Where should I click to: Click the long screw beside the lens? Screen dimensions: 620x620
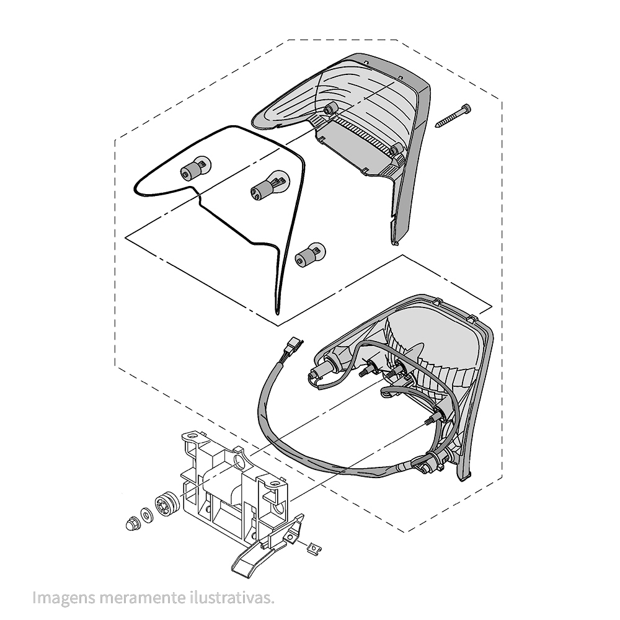point(453,116)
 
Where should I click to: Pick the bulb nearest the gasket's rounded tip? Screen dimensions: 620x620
point(196,167)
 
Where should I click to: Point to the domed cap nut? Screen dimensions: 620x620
point(131,525)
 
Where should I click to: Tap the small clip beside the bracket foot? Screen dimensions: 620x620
point(315,549)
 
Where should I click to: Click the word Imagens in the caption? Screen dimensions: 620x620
point(64,598)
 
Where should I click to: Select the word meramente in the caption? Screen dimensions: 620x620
point(143,598)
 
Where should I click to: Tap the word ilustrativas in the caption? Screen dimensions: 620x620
point(231,598)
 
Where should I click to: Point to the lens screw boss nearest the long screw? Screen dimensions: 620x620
point(396,150)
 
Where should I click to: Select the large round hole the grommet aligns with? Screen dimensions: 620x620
point(239,461)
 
